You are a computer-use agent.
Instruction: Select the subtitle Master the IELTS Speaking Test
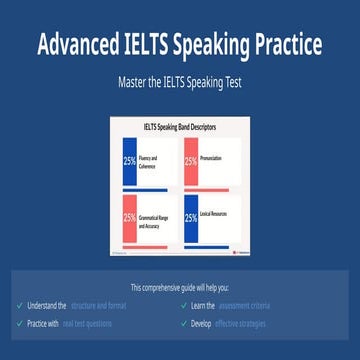click(x=180, y=82)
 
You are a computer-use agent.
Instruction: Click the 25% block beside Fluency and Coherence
click(x=130, y=160)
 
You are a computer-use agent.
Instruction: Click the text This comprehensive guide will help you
click(x=180, y=287)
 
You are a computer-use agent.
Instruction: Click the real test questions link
click(x=90, y=323)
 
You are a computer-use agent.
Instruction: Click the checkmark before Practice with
click(x=20, y=323)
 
